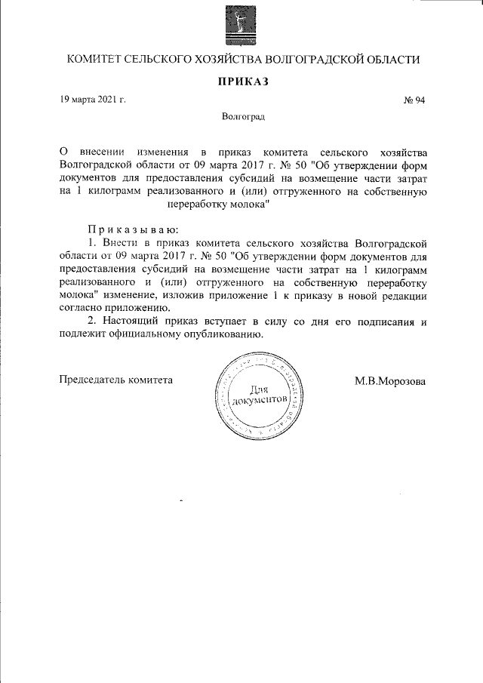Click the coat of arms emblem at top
242,25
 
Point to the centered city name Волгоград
243,117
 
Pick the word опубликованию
223,336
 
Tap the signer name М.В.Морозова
390,380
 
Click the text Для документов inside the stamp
258,394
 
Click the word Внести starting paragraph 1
118,242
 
